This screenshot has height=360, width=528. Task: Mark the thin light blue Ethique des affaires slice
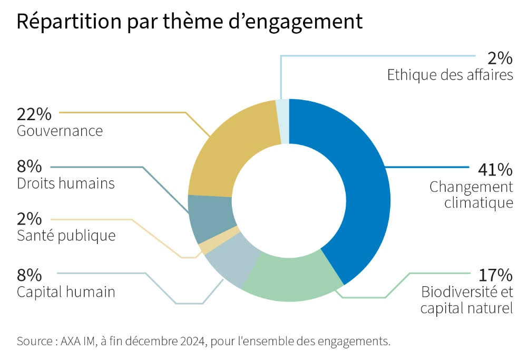click(283, 121)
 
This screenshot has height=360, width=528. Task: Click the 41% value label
click(495, 170)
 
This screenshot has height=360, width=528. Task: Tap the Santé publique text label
click(66, 235)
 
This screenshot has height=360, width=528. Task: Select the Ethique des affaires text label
click(450, 75)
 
